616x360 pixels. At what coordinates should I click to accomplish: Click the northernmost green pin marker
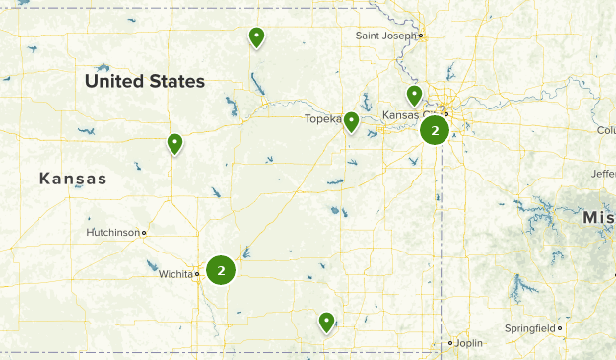(256, 37)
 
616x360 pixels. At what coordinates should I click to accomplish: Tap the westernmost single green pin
(174, 144)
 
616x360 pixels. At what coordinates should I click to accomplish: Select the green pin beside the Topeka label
(351, 121)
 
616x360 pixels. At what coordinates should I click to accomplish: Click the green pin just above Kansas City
(415, 95)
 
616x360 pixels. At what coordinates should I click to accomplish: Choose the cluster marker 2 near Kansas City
(435, 130)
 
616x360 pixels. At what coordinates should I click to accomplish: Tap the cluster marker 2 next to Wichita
(222, 269)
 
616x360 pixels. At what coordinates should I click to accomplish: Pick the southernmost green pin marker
(326, 321)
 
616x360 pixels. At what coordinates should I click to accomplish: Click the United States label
(145, 81)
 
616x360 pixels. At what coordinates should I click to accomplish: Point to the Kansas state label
(73, 179)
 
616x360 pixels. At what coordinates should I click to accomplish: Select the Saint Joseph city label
(384, 37)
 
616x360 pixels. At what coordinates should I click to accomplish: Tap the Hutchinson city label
(112, 233)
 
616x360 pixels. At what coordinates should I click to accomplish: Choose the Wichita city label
(175, 274)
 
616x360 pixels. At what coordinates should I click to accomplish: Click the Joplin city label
(469, 343)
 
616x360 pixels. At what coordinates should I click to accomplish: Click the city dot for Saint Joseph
(421, 37)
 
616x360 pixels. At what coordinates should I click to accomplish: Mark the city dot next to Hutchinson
(144, 233)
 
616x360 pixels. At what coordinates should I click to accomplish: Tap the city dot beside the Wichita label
(198, 274)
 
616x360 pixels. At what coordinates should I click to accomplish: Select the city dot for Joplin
(450, 343)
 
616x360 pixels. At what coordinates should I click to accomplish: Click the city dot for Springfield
(560, 327)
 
